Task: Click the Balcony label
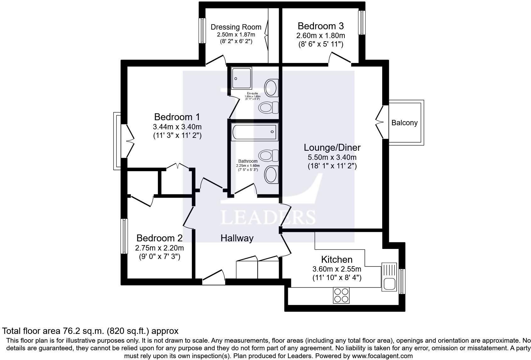click(404, 123)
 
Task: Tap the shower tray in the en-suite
click(242, 78)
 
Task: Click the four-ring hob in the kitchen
click(341, 295)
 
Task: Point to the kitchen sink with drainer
click(389, 277)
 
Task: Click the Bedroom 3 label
click(321, 26)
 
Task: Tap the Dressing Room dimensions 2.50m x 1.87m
click(236, 34)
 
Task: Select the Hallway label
click(237, 238)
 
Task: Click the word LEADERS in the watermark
click(268, 217)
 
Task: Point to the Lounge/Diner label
click(332, 147)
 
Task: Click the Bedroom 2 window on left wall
click(125, 236)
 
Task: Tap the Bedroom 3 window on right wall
click(362, 22)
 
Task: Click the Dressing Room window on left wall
click(202, 30)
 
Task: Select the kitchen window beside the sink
click(402, 281)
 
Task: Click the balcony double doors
click(380, 122)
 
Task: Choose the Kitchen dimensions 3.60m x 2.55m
click(337, 269)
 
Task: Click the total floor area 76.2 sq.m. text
click(90, 331)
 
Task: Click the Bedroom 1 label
click(177, 117)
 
